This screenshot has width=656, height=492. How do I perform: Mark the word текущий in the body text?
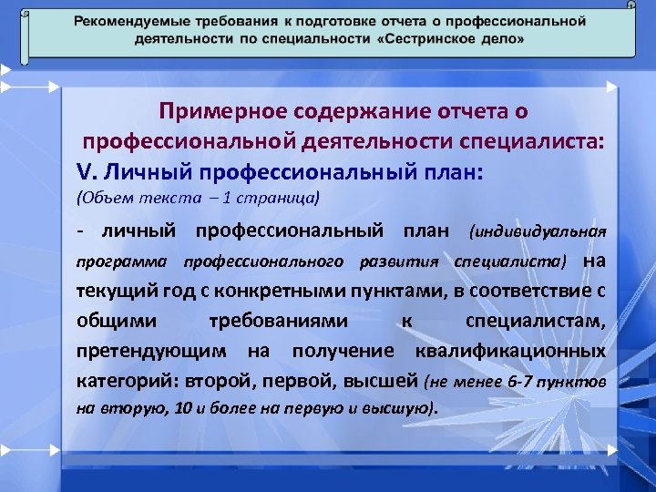pos(105,292)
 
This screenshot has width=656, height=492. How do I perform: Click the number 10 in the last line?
pos(182,409)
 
